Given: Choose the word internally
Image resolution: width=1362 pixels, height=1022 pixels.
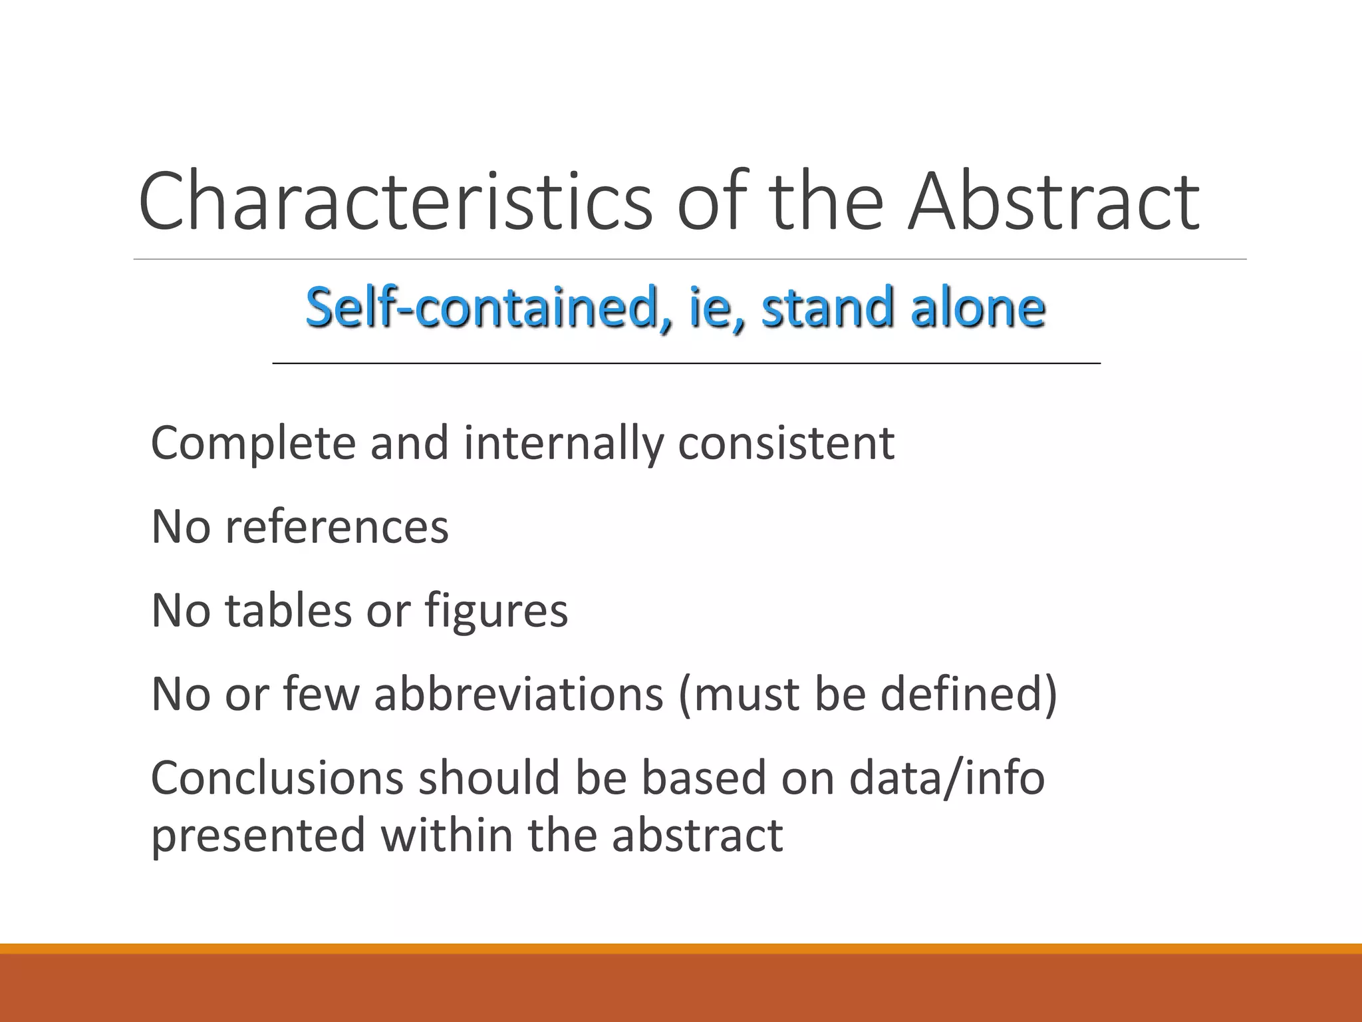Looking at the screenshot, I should [563, 443].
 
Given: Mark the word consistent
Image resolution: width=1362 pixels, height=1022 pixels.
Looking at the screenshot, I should [786, 443].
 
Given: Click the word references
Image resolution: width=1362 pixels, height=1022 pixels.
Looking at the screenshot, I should [337, 527].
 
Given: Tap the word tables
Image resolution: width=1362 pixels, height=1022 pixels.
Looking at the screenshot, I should [288, 610].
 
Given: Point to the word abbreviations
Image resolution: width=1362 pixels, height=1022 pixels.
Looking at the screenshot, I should [519, 694].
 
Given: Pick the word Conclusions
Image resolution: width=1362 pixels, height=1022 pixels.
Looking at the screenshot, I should [277, 778].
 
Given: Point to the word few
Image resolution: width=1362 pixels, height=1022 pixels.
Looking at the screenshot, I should [321, 694].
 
